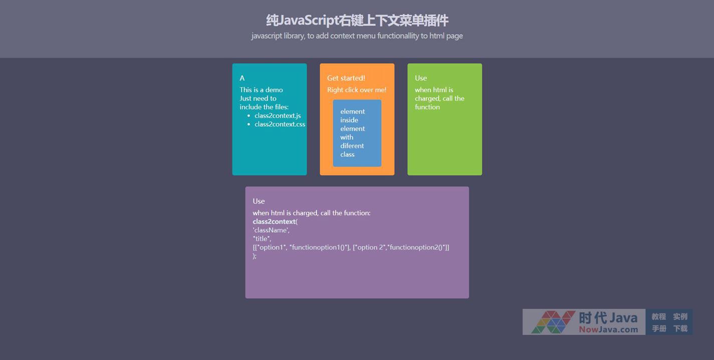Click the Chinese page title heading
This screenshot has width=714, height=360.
click(357, 21)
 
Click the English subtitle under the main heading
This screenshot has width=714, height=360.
click(357, 36)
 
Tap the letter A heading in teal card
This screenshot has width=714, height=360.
click(242, 78)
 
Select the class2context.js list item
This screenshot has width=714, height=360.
click(278, 115)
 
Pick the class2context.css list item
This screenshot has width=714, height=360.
click(280, 124)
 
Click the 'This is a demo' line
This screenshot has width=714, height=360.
click(261, 90)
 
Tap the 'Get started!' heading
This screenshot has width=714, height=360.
click(346, 78)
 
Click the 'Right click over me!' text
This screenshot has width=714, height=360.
click(357, 90)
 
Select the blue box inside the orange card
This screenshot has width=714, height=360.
click(357, 133)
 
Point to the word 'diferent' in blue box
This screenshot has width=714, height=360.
click(352, 146)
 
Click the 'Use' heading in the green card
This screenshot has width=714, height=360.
click(421, 78)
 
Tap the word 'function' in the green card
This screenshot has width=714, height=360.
click(427, 107)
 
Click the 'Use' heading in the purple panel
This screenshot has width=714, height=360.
click(259, 201)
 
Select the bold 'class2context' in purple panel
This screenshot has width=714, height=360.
click(274, 221)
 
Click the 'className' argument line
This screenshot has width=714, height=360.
click(271, 230)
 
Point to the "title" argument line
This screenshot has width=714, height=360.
click(262, 239)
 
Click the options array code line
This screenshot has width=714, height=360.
click(351, 247)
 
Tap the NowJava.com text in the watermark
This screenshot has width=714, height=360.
click(608, 329)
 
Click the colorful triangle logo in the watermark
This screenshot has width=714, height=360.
click(553, 322)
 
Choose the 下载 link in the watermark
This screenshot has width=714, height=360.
click(680, 328)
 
